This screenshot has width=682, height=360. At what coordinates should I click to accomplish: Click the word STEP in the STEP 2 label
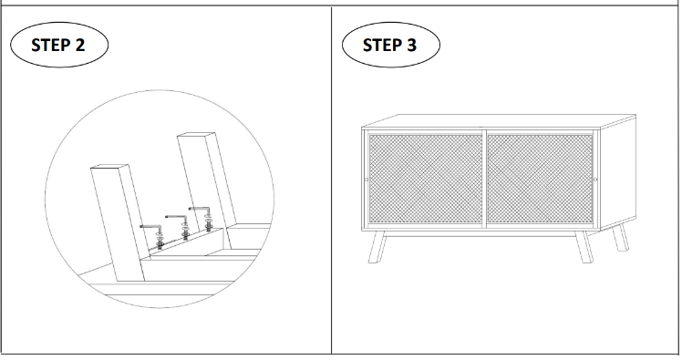tap(50, 45)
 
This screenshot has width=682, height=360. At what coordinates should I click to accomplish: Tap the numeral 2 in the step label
tap(79, 45)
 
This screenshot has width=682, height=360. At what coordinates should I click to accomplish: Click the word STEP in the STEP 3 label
tap(382, 45)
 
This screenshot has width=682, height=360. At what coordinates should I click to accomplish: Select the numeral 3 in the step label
tap(411, 45)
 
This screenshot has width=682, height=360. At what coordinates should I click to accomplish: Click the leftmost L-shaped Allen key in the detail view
tap(151, 227)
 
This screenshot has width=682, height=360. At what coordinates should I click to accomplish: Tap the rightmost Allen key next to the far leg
tap(200, 209)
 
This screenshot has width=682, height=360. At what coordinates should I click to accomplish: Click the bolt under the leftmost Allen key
tap(160, 242)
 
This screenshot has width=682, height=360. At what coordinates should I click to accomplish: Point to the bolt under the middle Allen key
tap(185, 231)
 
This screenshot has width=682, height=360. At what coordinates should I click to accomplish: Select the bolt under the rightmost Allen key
tap(209, 223)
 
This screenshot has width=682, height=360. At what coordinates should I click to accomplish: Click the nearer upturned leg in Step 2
tap(118, 222)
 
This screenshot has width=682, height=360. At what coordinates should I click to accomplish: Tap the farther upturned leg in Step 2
tap(207, 180)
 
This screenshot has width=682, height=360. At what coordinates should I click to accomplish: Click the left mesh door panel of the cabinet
tap(426, 179)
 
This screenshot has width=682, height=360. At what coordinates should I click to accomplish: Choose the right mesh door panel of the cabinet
tap(540, 179)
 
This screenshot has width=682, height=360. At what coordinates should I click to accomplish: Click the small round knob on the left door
tap(367, 180)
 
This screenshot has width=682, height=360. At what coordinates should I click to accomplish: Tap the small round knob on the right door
tap(595, 180)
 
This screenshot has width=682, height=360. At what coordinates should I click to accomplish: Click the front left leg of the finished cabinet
tap(377, 247)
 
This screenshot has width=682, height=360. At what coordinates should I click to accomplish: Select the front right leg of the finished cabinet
tap(584, 247)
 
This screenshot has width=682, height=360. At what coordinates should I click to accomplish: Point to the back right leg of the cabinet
tap(621, 237)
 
